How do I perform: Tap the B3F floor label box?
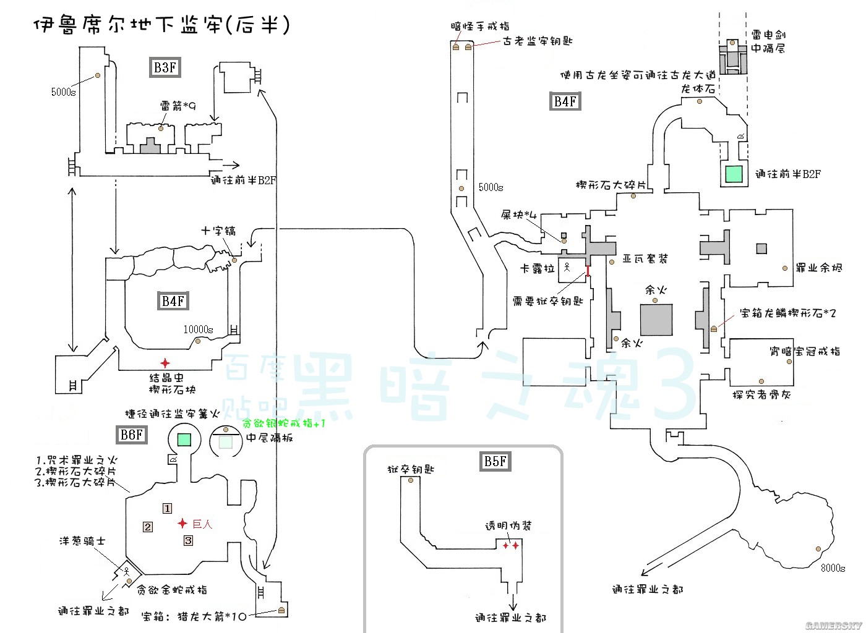pos(165,67)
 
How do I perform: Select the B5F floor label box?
pos(495,461)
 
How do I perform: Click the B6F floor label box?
pos(131,435)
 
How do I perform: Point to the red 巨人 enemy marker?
pos(182,524)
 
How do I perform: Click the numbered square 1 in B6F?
pos(167,508)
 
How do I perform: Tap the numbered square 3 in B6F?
pos(188,540)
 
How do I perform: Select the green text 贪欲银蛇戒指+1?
pos(283,423)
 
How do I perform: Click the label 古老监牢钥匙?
pos(538,41)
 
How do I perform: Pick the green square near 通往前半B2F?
pos(734,174)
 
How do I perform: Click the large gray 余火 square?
pos(656,320)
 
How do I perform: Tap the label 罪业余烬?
pos(818,268)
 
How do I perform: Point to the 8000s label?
pos(833,567)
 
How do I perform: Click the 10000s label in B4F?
pos(198,329)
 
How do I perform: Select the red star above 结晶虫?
pos(165,363)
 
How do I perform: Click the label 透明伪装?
pos(508,525)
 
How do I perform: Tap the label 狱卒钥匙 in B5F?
pos(411,469)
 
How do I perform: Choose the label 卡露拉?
pos(538,270)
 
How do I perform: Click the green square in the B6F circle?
pos(184,440)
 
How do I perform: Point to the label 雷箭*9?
pos(178,106)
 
